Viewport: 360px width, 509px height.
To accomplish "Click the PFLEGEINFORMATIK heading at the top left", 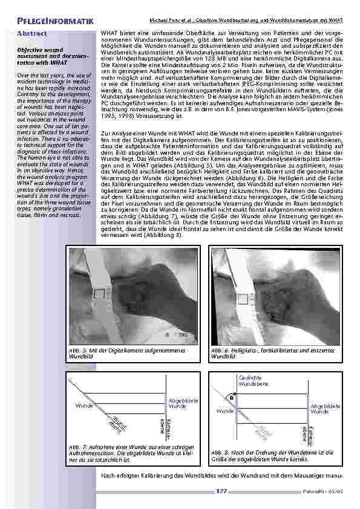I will click(55, 23).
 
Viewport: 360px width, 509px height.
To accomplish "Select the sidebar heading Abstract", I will click(33, 34).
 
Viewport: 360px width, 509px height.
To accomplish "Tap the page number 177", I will click(221, 491).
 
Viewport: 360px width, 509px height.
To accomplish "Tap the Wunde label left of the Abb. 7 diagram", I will click(83, 405).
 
